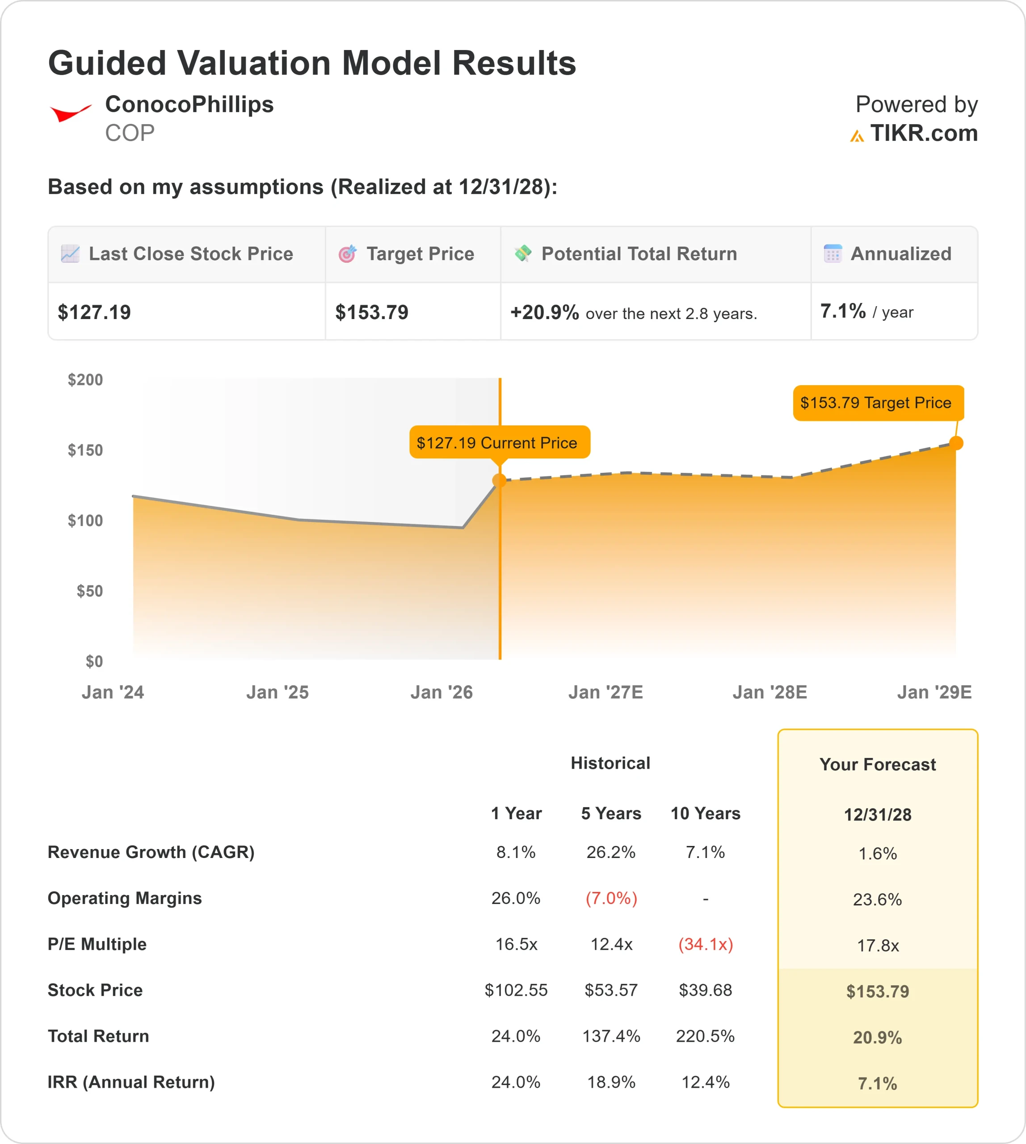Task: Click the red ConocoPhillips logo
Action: (x=71, y=113)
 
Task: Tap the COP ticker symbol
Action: (x=130, y=134)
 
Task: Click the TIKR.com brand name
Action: (x=923, y=134)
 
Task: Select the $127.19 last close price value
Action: (x=94, y=312)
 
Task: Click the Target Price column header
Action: (x=420, y=254)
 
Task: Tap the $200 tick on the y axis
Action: (x=86, y=380)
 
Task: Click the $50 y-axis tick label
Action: (x=90, y=591)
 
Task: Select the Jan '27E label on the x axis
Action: (x=606, y=692)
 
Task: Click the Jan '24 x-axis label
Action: (x=113, y=692)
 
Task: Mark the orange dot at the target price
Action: (x=956, y=443)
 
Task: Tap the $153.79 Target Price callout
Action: (x=878, y=403)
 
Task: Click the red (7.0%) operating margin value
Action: (x=611, y=898)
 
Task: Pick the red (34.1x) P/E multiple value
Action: (x=705, y=944)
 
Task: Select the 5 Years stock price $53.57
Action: (x=611, y=990)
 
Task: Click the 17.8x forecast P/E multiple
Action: (x=878, y=946)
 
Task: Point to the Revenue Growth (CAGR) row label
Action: (x=151, y=852)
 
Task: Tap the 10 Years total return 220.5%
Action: (x=705, y=1036)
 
